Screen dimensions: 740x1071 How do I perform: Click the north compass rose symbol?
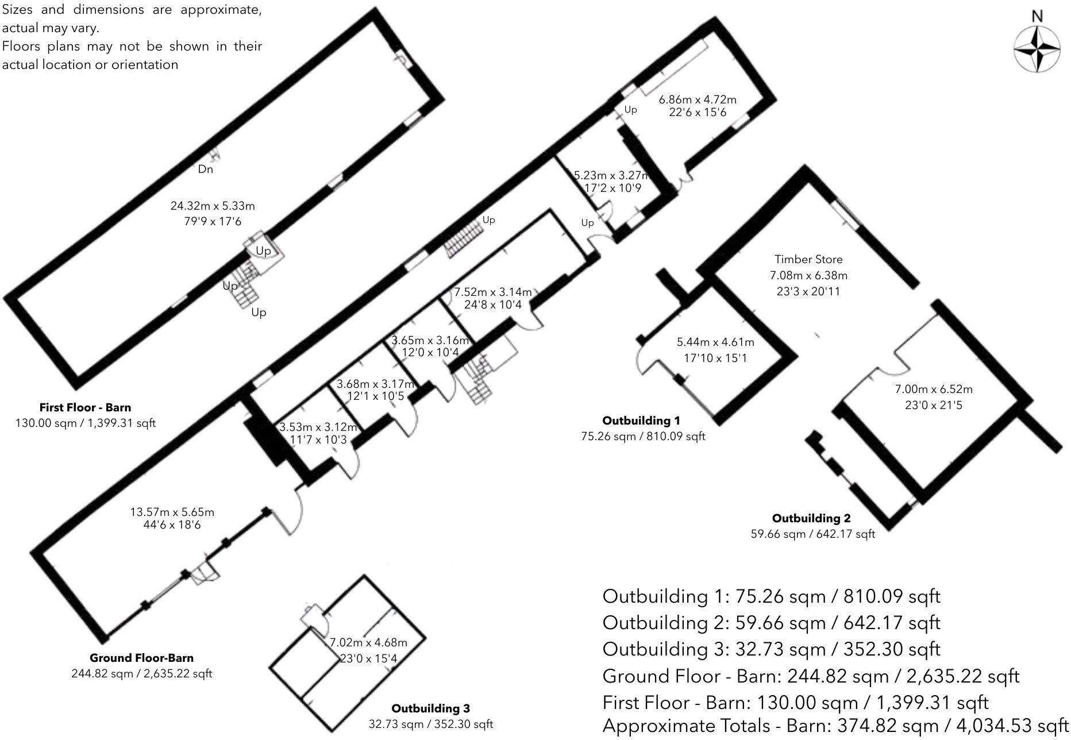(x=1037, y=50)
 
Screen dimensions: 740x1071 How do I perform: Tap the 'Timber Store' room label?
(x=808, y=259)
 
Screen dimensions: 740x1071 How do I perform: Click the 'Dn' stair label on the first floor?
(x=205, y=169)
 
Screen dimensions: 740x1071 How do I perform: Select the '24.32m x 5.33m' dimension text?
(x=213, y=206)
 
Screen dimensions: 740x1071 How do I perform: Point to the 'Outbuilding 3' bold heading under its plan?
(x=430, y=708)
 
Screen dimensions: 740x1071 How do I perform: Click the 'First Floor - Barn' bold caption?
(x=85, y=407)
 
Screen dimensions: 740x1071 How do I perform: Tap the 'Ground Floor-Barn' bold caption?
(x=141, y=658)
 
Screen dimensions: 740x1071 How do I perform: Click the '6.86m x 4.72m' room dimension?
(x=698, y=99)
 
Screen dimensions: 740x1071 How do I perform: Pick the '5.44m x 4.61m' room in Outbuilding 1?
(x=715, y=342)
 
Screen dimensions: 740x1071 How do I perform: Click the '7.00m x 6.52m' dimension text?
(x=934, y=389)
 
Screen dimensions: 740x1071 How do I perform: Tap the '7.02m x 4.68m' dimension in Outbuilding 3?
(x=368, y=643)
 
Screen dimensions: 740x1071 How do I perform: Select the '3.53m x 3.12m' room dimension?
(x=318, y=427)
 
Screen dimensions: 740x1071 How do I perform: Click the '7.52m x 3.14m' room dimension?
(x=493, y=292)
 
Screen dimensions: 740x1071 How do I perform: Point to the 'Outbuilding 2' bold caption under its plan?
(x=811, y=518)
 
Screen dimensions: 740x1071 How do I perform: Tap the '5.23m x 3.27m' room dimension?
(x=611, y=175)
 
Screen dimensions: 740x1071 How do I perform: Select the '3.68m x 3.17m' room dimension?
(x=375, y=384)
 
